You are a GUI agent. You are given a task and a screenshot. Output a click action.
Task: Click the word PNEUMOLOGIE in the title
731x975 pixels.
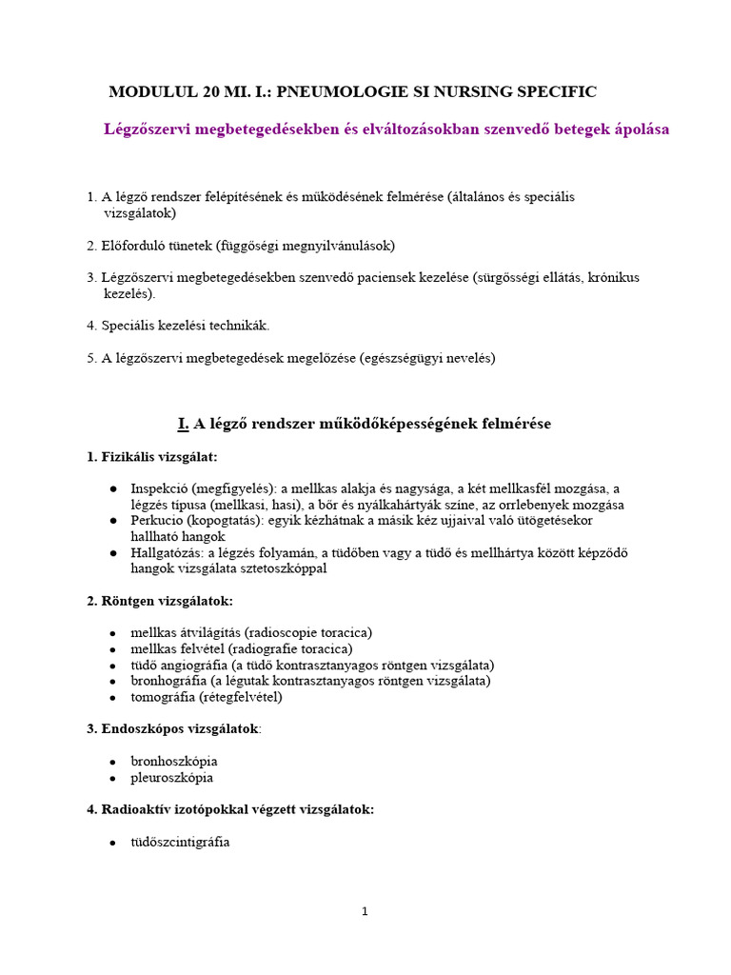tap(323, 92)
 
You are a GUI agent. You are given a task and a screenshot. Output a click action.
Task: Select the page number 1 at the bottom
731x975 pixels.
tap(365, 911)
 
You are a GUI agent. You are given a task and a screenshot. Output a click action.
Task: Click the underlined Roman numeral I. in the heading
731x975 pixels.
tap(183, 424)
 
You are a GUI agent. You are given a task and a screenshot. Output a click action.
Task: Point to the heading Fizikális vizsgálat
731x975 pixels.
tap(152, 457)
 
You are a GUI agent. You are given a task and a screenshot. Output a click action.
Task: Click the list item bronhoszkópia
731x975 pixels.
tap(174, 762)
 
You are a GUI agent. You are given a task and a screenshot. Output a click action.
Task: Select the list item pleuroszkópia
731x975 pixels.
tap(172, 778)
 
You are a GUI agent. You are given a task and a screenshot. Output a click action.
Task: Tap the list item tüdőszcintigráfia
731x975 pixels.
tap(180, 843)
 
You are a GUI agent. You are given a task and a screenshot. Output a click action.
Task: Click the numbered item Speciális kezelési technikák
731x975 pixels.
tap(186, 326)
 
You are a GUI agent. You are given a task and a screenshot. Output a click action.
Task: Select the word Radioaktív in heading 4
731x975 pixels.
tap(133, 809)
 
